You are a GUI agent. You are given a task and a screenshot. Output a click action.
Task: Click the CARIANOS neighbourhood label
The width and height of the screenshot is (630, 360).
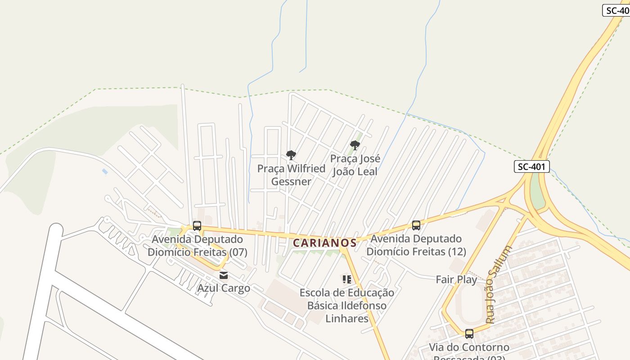point(324,243)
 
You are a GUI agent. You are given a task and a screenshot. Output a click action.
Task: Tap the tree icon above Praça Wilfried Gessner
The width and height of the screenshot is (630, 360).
point(291,155)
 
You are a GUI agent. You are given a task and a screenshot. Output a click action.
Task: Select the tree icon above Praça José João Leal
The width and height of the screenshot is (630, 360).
point(355,145)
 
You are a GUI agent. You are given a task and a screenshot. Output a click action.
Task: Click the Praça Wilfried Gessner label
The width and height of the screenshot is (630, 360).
point(291,175)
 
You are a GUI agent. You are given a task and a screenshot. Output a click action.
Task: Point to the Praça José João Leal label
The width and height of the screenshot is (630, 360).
point(355,165)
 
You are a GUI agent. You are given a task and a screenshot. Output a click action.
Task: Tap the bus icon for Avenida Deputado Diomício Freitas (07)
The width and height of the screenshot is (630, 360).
point(197,225)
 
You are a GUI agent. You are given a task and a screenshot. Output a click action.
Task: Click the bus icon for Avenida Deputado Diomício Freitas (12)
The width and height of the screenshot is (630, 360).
point(416,225)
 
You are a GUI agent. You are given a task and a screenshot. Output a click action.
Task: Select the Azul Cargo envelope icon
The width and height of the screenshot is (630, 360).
point(224,275)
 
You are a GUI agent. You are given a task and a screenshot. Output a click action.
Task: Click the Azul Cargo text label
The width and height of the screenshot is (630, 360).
point(224,288)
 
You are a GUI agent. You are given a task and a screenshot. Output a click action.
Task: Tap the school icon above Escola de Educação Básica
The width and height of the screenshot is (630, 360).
point(346,279)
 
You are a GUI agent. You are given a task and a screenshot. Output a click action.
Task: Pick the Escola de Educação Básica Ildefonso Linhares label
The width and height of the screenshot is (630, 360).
point(346,306)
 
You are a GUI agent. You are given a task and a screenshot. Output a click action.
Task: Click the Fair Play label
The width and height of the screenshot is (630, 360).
point(456,279)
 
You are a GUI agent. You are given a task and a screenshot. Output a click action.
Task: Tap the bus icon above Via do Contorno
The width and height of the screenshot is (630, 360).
point(469,334)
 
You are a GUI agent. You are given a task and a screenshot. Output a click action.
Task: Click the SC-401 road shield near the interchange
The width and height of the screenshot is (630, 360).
point(531,166)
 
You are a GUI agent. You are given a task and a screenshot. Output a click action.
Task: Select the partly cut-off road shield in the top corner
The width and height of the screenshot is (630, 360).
point(616,10)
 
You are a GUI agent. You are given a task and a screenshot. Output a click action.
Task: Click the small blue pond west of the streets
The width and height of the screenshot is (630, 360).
point(105,171)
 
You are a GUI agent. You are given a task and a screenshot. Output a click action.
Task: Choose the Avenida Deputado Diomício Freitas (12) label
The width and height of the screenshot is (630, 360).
point(416,245)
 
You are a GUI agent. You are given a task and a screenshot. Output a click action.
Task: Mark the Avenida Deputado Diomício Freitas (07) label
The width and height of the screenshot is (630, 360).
point(198,246)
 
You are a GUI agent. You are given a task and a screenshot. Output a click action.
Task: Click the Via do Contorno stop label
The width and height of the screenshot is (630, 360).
point(469,348)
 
